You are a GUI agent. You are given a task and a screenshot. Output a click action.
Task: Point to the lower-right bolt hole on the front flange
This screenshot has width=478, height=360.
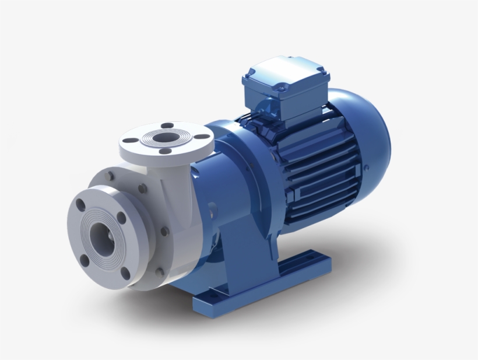(125, 272)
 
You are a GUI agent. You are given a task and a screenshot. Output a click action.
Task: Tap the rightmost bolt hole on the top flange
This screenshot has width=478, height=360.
(202, 137)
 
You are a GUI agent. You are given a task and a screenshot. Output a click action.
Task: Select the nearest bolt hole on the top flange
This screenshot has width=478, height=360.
(165, 151)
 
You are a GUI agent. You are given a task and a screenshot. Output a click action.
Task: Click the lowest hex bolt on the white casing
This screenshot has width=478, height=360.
(160, 271)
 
